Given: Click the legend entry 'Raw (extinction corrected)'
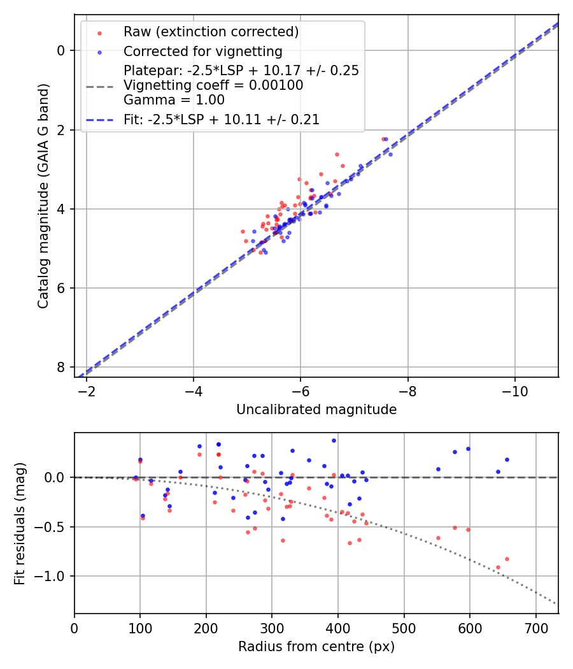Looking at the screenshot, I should (211, 32).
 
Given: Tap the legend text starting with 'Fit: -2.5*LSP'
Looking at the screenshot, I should (222, 119).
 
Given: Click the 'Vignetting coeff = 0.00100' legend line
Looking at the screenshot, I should (213, 85).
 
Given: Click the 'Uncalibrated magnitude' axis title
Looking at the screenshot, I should (316, 410).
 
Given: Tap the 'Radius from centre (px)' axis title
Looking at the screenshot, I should (316, 647).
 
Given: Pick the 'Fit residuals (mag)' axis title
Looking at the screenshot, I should (20, 523).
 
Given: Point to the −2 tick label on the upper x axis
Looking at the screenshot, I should (87, 391).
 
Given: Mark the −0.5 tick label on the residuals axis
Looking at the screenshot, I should (54, 527).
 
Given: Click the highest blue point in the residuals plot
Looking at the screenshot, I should (334, 440).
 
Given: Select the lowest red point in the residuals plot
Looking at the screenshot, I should (498, 567).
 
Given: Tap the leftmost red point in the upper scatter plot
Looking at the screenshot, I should (243, 232).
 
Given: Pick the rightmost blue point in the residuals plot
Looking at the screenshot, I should (507, 459).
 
